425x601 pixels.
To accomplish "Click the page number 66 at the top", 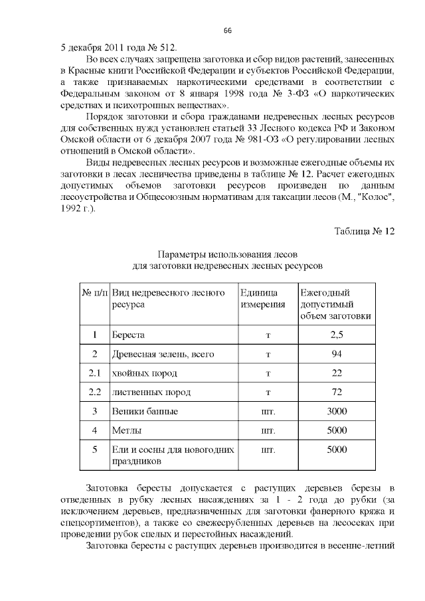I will pyautogui.click(x=227, y=31).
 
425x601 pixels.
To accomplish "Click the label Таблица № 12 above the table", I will pyautogui.click(x=365, y=231).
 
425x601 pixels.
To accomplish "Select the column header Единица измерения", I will pyautogui.click(x=262, y=298).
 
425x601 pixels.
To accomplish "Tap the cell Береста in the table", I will pyautogui.click(x=128, y=335).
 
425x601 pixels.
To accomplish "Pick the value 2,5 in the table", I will pyautogui.click(x=337, y=335).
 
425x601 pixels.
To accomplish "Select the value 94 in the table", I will pyautogui.click(x=337, y=354).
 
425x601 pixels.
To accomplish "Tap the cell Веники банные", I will pyautogui.click(x=144, y=412).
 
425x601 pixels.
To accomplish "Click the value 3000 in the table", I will pyautogui.click(x=337, y=412).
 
